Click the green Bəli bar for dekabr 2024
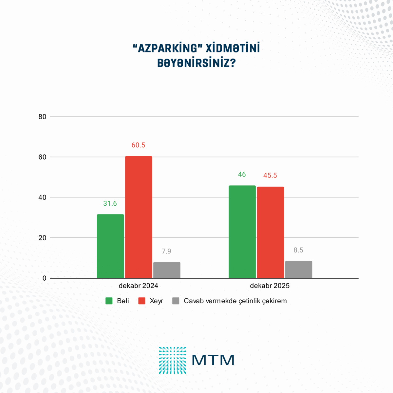110,246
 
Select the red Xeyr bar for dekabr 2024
139,217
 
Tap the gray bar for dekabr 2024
167,270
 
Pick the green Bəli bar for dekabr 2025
242,232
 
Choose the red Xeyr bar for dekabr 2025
270,233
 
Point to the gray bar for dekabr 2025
298,270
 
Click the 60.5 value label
138,145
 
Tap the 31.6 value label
110,203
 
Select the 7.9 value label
166,251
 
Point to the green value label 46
242,175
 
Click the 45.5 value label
270,176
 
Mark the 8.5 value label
298,250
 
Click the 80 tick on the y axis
42,117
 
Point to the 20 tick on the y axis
42,238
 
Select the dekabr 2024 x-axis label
138,286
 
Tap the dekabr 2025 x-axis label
270,286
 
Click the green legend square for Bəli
109,301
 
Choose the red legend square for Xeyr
142,301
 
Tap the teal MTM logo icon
173,360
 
